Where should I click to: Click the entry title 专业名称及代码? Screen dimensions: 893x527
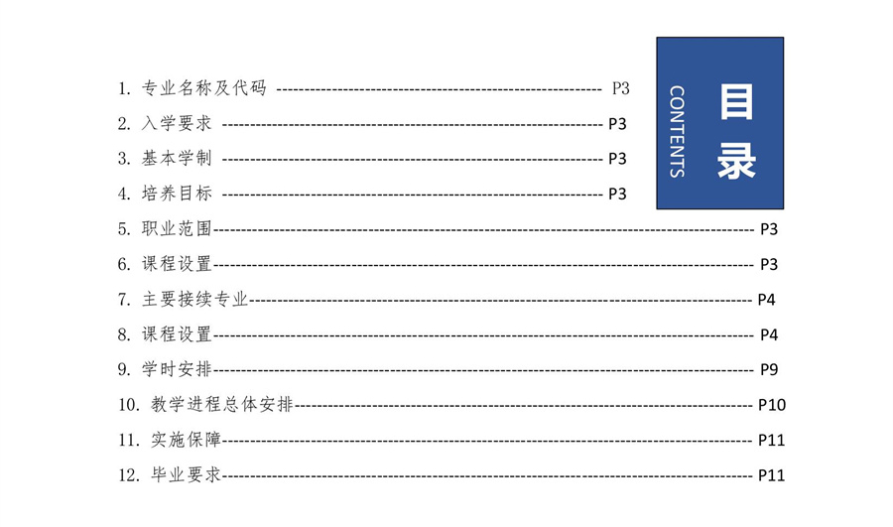point(203,88)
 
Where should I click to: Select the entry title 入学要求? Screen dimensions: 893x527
point(177,124)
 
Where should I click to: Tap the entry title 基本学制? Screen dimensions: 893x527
point(177,159)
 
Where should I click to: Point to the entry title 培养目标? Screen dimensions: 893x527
point(177,194)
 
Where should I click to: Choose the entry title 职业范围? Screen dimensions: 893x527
point(177,229)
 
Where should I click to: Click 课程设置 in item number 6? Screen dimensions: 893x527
point(177,264)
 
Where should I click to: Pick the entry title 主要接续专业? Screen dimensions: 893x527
point(194,299)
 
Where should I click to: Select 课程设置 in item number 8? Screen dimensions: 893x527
point(177,334)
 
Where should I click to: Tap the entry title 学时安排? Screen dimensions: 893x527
point(177,369)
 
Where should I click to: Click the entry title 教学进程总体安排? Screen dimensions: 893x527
point(222,405)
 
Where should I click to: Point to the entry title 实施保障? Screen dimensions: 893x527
point(186,440)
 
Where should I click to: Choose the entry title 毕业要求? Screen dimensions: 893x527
point(186,474)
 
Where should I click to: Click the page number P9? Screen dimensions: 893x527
point(769,370)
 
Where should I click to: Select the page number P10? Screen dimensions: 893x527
point(772,405)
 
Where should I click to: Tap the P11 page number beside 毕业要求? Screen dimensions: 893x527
point(771,475)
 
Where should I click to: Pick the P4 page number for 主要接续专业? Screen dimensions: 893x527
point(767,300)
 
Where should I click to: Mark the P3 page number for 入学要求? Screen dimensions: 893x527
point(617,124)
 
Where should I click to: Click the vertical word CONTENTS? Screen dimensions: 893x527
point(677,132)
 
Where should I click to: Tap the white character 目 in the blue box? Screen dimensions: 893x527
point(736,101)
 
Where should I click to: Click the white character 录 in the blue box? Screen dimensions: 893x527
point(736,161)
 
